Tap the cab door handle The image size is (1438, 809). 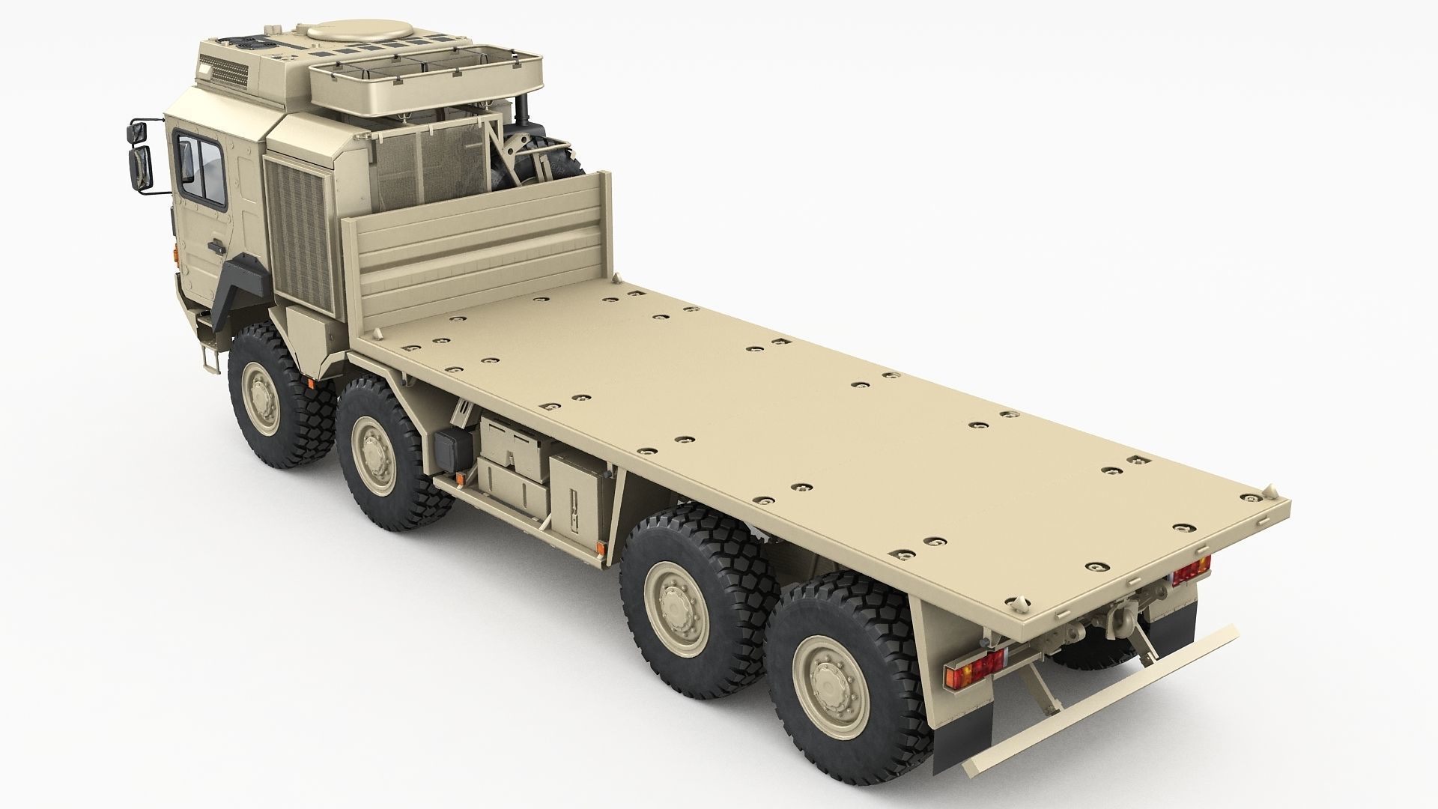(215, 247)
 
